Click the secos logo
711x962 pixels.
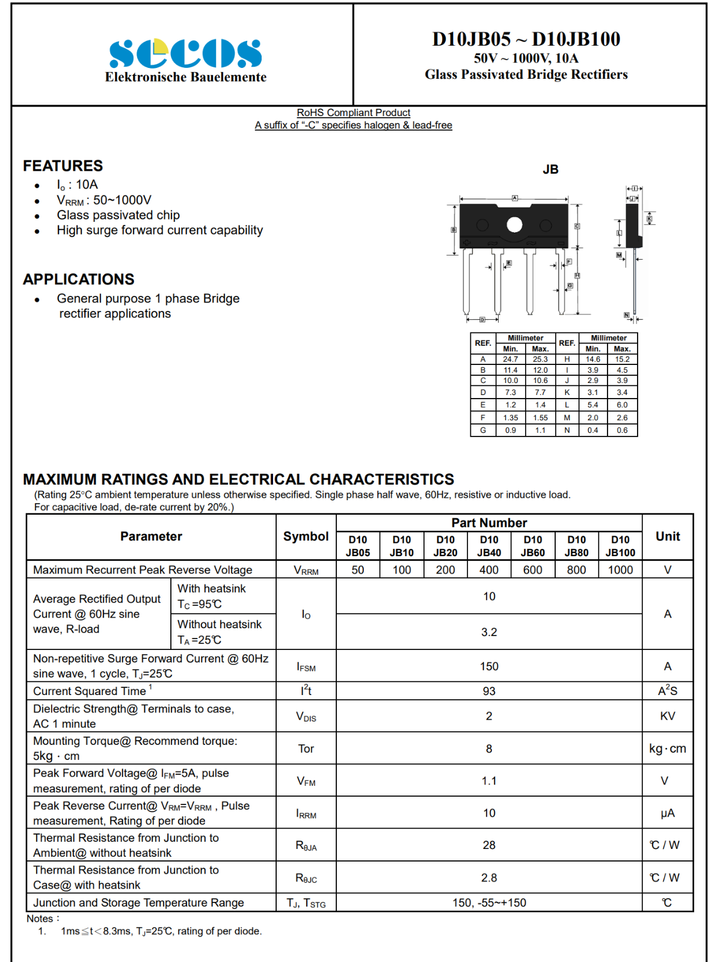[185, 54]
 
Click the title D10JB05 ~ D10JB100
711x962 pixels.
[526, 39]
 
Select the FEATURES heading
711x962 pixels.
[63, 166]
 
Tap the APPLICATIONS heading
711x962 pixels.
[79, 280]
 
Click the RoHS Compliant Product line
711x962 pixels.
[353, 112]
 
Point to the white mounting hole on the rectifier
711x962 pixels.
[514, 225]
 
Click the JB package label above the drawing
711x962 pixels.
[550, 170]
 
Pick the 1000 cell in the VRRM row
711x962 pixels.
[620, 570]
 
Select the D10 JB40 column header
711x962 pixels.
[489, 546]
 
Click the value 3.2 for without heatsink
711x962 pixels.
[489, 632]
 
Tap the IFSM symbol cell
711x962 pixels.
[306, 667]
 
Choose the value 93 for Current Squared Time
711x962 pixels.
[489, 691]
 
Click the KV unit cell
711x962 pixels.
[668, 716]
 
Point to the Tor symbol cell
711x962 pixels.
[306, 749]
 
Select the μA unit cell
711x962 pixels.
[668, 813]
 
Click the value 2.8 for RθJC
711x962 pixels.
[489, 878]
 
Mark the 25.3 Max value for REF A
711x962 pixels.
[540, 360]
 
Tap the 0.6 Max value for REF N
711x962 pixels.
[622, 430]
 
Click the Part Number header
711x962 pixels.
[489, 523]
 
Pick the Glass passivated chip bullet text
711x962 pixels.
[118, 215]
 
